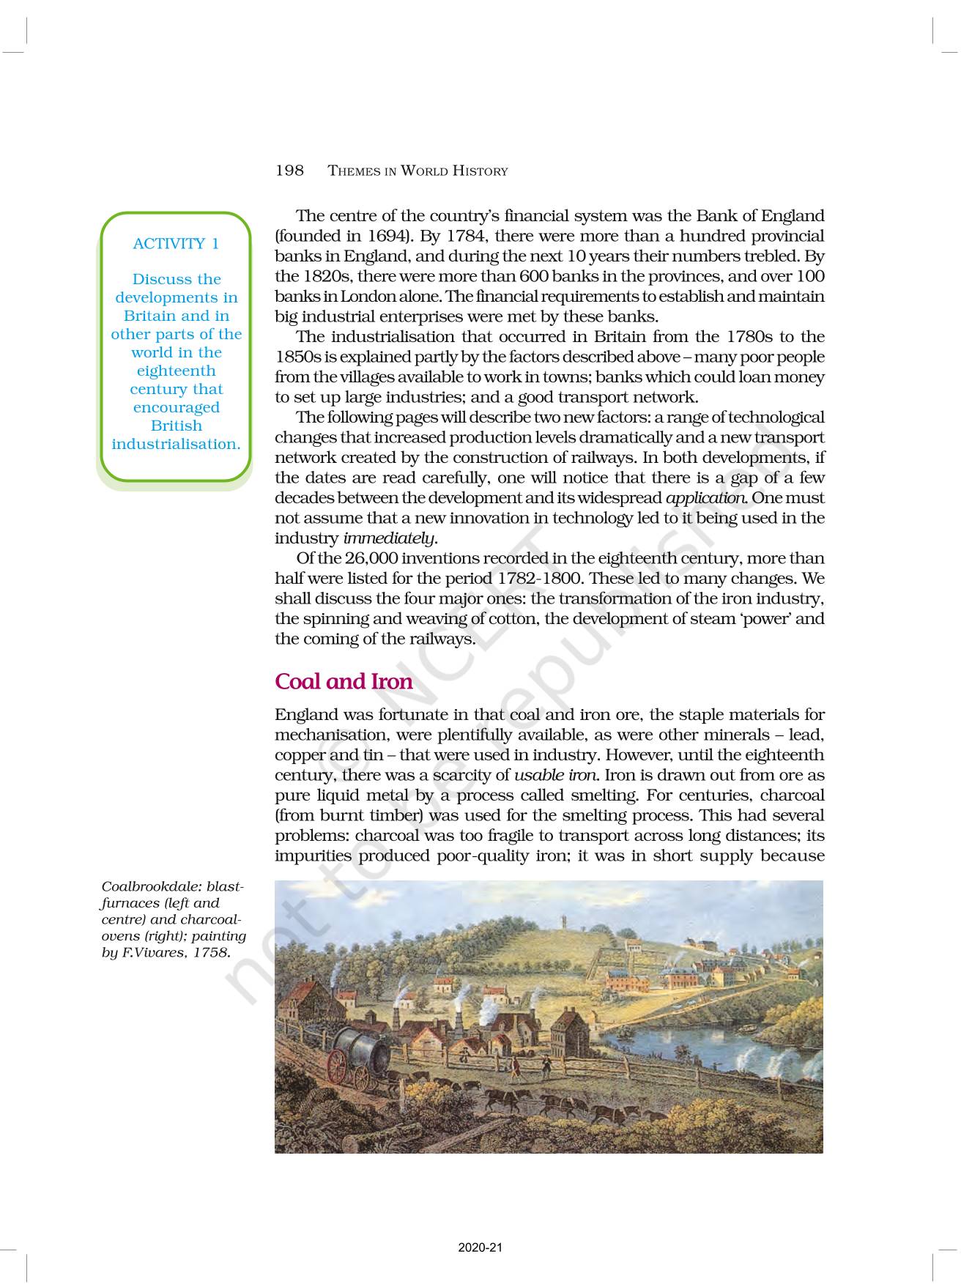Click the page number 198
(x=289, y=171)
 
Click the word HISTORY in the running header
(x=480, y=171)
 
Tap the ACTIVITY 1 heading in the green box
(x=176, y=244)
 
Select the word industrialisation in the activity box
(x=176, y=445)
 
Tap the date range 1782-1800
(x=538, y=579)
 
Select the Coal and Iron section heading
(x=344, y=681)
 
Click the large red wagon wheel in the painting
(x=338, y=1066)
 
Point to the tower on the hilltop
(x=563, y=921)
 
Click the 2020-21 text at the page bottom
(x=480, y=1247)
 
